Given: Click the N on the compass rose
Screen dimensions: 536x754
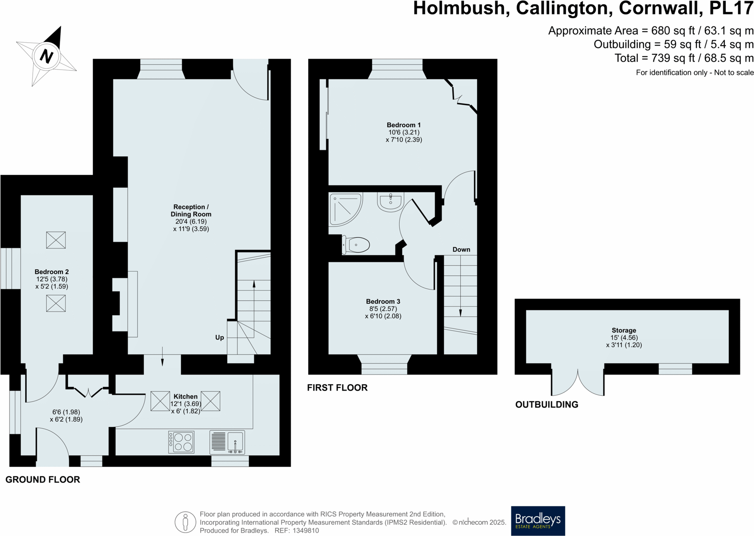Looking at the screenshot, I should click(x=46, y=56).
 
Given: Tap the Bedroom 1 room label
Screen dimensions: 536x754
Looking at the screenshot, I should click(x=404, y=125).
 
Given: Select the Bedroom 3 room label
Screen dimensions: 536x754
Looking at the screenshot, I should click(x=383, y=302).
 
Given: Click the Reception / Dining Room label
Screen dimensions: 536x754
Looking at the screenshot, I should click(x=191, y=210).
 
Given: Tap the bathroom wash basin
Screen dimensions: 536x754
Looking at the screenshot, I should click(x=390, y=202).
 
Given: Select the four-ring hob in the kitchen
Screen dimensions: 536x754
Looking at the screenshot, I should click(x=181, y=442).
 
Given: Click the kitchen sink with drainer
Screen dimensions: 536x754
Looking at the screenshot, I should click(x=227, y=442).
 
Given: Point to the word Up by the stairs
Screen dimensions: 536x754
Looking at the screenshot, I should click(x=220, y=338).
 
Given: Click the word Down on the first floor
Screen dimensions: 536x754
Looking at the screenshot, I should click(x=461, y=249).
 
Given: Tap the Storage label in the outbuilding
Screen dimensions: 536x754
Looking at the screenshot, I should click(x=623, y=330).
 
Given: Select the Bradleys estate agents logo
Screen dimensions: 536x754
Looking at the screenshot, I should click(x=538, y=521).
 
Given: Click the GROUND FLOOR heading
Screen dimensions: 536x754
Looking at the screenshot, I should click(x=43, y=480).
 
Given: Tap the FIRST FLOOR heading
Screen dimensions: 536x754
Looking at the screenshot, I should click(x=337, y=388).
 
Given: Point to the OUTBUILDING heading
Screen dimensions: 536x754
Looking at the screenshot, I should click(x=546, y=405).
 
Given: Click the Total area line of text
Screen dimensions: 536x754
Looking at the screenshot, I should click(x=684, y=58).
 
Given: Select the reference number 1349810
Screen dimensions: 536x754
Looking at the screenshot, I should click(x=306, y=531).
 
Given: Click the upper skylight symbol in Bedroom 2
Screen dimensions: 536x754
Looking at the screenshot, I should click(x=56, y=240).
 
